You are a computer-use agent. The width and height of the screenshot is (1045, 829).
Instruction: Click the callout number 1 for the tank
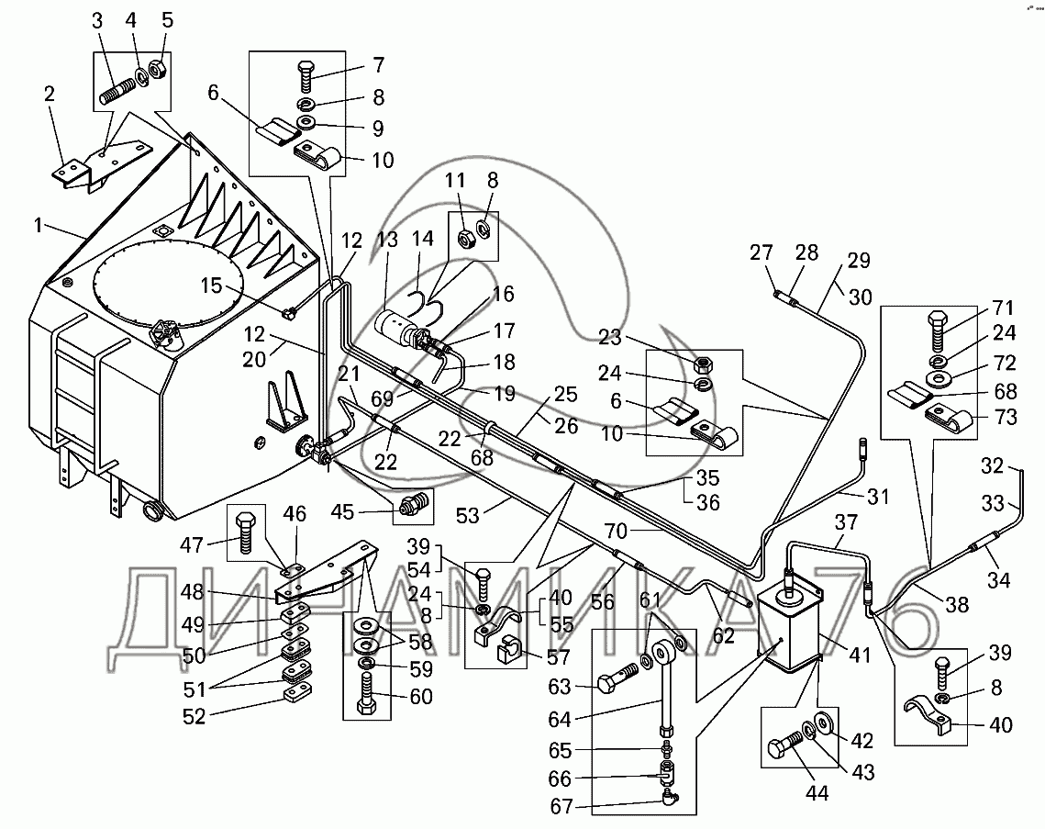(x=39, y=226)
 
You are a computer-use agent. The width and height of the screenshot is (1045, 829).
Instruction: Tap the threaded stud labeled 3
(x=117, y=90)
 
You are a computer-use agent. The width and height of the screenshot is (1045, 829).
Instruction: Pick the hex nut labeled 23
(x=704, y=364)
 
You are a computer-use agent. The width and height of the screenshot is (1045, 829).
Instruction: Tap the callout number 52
(x=194, y=716)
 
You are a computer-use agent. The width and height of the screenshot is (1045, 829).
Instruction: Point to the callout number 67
(x=561, y=806)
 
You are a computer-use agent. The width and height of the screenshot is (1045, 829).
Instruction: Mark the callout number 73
(x=1006, y=417)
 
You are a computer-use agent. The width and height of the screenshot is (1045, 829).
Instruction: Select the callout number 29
(x=859, y=260)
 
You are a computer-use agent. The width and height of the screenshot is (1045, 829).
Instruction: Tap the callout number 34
(x=998, y=581)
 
